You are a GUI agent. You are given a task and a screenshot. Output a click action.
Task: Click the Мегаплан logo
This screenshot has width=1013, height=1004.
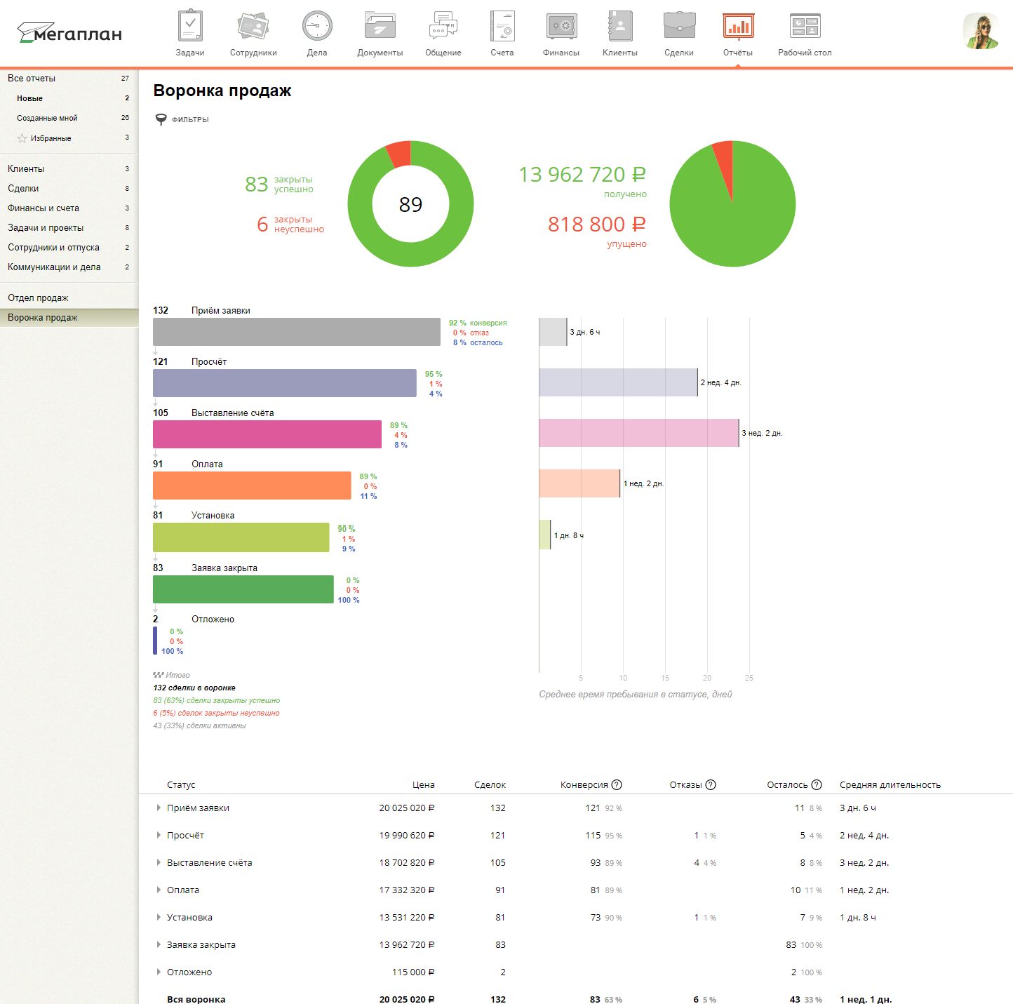point(69,33)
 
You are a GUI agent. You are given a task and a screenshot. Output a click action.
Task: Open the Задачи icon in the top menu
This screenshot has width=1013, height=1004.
point(190,27)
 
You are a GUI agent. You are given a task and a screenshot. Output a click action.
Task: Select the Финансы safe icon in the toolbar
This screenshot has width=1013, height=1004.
point(561,27)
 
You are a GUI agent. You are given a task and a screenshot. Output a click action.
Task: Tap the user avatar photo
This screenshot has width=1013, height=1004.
point(981,32)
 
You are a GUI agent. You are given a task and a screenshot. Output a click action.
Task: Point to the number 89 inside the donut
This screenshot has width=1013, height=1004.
point(410,204)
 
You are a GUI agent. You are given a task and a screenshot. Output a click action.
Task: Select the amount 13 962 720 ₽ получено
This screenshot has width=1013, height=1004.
point(582,175)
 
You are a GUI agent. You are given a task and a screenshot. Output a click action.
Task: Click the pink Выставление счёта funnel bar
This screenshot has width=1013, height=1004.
point(267,434)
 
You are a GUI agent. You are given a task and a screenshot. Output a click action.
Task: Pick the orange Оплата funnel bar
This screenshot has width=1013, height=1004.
point(251,486)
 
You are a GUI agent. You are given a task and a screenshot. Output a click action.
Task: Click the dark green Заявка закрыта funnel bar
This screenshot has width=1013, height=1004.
point(243,589)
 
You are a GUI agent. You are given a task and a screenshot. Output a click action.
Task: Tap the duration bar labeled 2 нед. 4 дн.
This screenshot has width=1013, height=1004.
point(617,382)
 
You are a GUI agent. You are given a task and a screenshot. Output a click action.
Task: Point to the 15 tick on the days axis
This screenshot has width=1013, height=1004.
point(665,678)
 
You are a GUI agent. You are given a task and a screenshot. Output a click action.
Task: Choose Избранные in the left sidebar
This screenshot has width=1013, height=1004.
point(51,138)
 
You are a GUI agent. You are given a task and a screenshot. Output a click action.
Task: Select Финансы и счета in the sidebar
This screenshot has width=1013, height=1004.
point(43,208)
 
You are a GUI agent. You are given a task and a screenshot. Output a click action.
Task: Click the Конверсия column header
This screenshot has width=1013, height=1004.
point(584,785)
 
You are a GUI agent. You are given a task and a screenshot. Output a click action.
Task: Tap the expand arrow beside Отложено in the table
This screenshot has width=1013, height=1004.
point(159,972)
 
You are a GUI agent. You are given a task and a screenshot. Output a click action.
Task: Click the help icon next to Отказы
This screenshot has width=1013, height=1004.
point(711,785)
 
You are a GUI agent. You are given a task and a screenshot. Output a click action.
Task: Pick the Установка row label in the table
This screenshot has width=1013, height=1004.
point(189,918)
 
